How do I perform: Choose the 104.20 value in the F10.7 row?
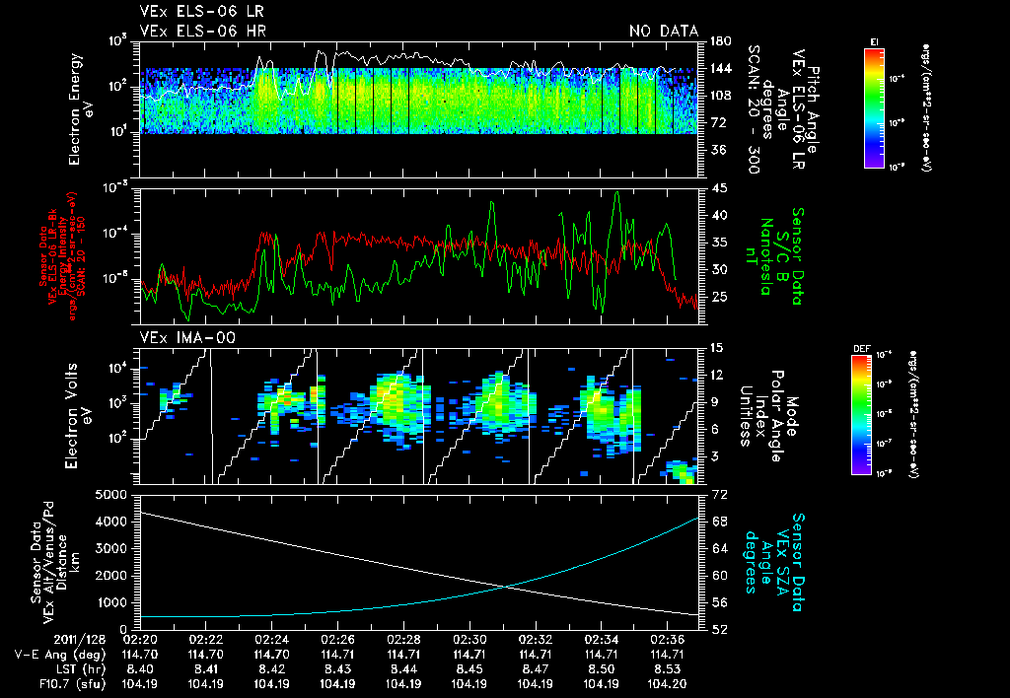coord(665,683)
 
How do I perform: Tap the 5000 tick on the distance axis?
coord(113,494)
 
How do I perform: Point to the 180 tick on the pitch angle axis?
coord(719,41)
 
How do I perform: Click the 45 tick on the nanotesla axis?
coord(717,187)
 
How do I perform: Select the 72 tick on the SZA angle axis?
coord(717,492)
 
